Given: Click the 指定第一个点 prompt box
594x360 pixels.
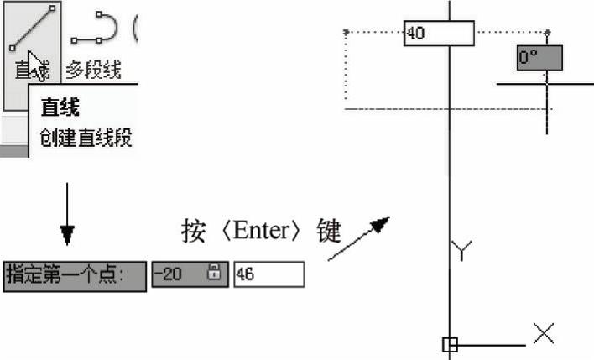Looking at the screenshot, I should pos(74,274).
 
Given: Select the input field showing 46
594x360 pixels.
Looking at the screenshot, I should pos(268,274).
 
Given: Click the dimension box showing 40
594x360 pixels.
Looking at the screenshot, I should pos(438,34).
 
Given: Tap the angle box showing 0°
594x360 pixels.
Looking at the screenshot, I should pos(539,58).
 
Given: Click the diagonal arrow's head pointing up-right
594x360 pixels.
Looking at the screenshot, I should pos(381,224).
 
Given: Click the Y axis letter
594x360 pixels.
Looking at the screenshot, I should pos(462,249).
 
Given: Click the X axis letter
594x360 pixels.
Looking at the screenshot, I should pos(544,334).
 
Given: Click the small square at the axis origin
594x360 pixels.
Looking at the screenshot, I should pos(450,344).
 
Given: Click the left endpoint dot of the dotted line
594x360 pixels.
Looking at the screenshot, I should pos(346,32).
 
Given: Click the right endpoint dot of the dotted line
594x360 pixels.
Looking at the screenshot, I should pos(547,32).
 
